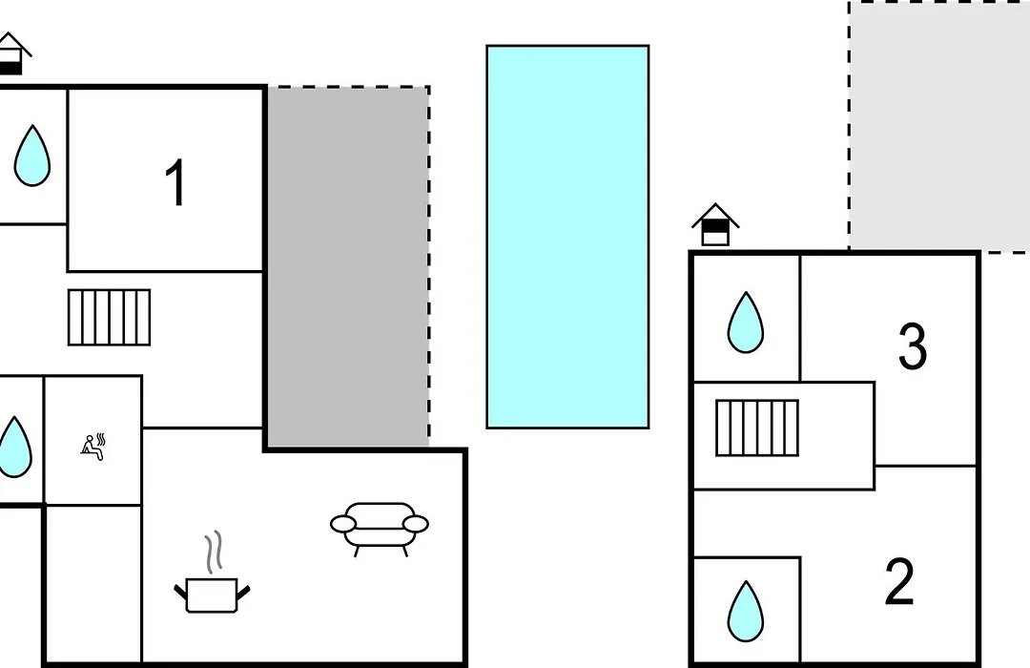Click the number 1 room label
175,182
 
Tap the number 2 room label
899,581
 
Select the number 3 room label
913,345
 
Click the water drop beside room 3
746,323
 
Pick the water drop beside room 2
746,611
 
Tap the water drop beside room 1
32,156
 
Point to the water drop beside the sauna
14,448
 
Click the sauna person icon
93,447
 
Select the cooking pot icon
212,594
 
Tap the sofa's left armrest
343,523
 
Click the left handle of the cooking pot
180,591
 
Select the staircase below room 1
109,317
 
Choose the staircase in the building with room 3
756,428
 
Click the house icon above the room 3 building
715,225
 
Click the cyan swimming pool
567,237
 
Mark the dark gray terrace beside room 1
348,267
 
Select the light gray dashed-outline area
939,126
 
